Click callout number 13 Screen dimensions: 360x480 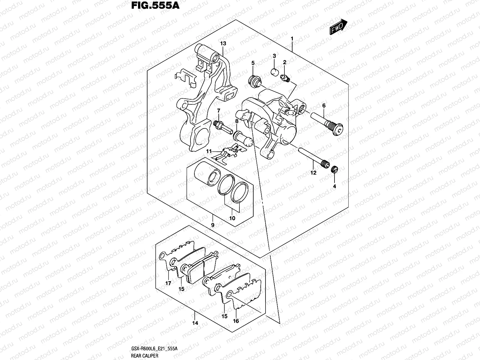point(223,43)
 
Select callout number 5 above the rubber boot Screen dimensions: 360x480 point(253,63)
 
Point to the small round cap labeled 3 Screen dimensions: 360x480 point(274,71)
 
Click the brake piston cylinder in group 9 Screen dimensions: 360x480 point(206,176)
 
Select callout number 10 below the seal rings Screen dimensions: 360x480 point(232,218)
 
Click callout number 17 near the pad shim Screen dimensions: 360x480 point(168,283)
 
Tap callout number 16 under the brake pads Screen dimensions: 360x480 point(236,321)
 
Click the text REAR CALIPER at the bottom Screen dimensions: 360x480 point(144,356)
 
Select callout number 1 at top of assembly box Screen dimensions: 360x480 point(292,39)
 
